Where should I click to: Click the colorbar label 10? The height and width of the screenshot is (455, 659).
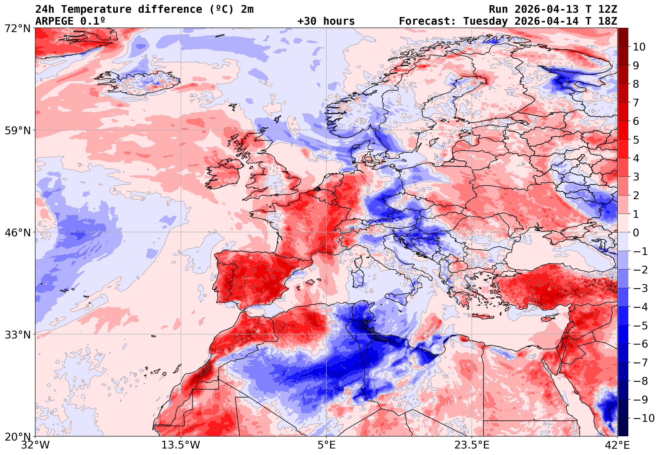point(639,47)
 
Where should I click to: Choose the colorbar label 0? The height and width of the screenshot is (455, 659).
point(636,233)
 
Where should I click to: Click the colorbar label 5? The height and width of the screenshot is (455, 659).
point(636,140)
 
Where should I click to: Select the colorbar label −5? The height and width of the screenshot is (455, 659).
point(641,326)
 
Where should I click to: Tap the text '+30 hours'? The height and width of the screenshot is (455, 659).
point(326,21)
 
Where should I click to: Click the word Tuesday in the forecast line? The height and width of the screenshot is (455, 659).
point(485,21)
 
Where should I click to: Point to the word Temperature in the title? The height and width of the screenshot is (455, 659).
point(96,9)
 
